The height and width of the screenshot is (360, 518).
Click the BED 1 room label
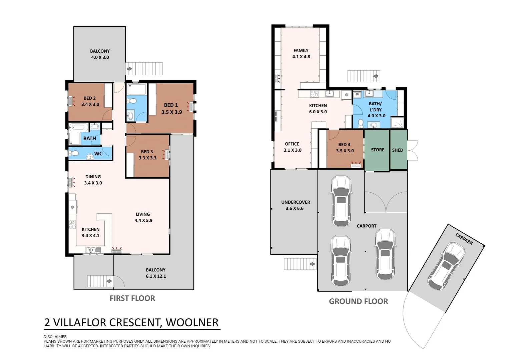tap(171, 105)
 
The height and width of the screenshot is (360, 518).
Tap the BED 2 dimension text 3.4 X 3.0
tap(90, 104)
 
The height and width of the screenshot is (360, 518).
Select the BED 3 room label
tap(147, 152)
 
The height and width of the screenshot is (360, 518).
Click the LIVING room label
tap(143, 214)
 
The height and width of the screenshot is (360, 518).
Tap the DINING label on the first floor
tap(93, 177)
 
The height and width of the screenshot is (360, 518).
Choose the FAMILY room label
tap(301, 50)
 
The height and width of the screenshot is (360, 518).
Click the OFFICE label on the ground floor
tap(292, 144)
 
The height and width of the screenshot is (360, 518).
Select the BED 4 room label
tap(344, 145)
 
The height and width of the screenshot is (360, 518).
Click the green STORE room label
tap(378, 150)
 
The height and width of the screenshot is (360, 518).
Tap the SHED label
tap(398, 150)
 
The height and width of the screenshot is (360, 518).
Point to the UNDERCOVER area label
tap(296, 202)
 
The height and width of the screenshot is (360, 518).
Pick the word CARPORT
tap(367, 226)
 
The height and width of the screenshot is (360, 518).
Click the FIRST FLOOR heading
tap(132, 298)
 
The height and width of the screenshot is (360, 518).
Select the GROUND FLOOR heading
tap(358, 301)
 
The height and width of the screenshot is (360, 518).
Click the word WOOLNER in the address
tap(192, 322)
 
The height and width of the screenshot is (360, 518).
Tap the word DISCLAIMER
tap(55, 337)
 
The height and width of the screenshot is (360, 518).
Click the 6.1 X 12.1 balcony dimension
tap(156, 276)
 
